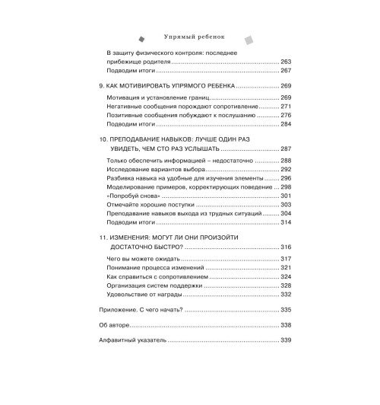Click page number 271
click(x=286, y=107)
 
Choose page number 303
click(x=286, y=205)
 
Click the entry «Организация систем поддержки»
click(x=151, y=285)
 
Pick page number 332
click(x=286, y=294)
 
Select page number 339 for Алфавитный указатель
click(x=286, y=340)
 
